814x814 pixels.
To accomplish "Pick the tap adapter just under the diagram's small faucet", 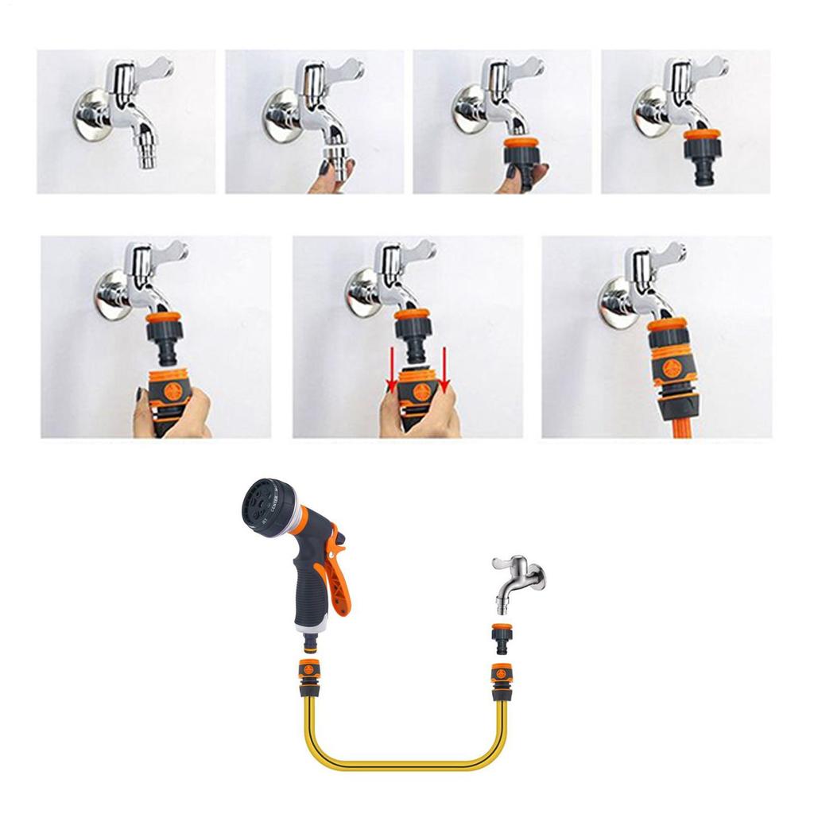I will (x=502, y=637).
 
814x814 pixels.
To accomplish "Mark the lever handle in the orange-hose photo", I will (x=669, y=253).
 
